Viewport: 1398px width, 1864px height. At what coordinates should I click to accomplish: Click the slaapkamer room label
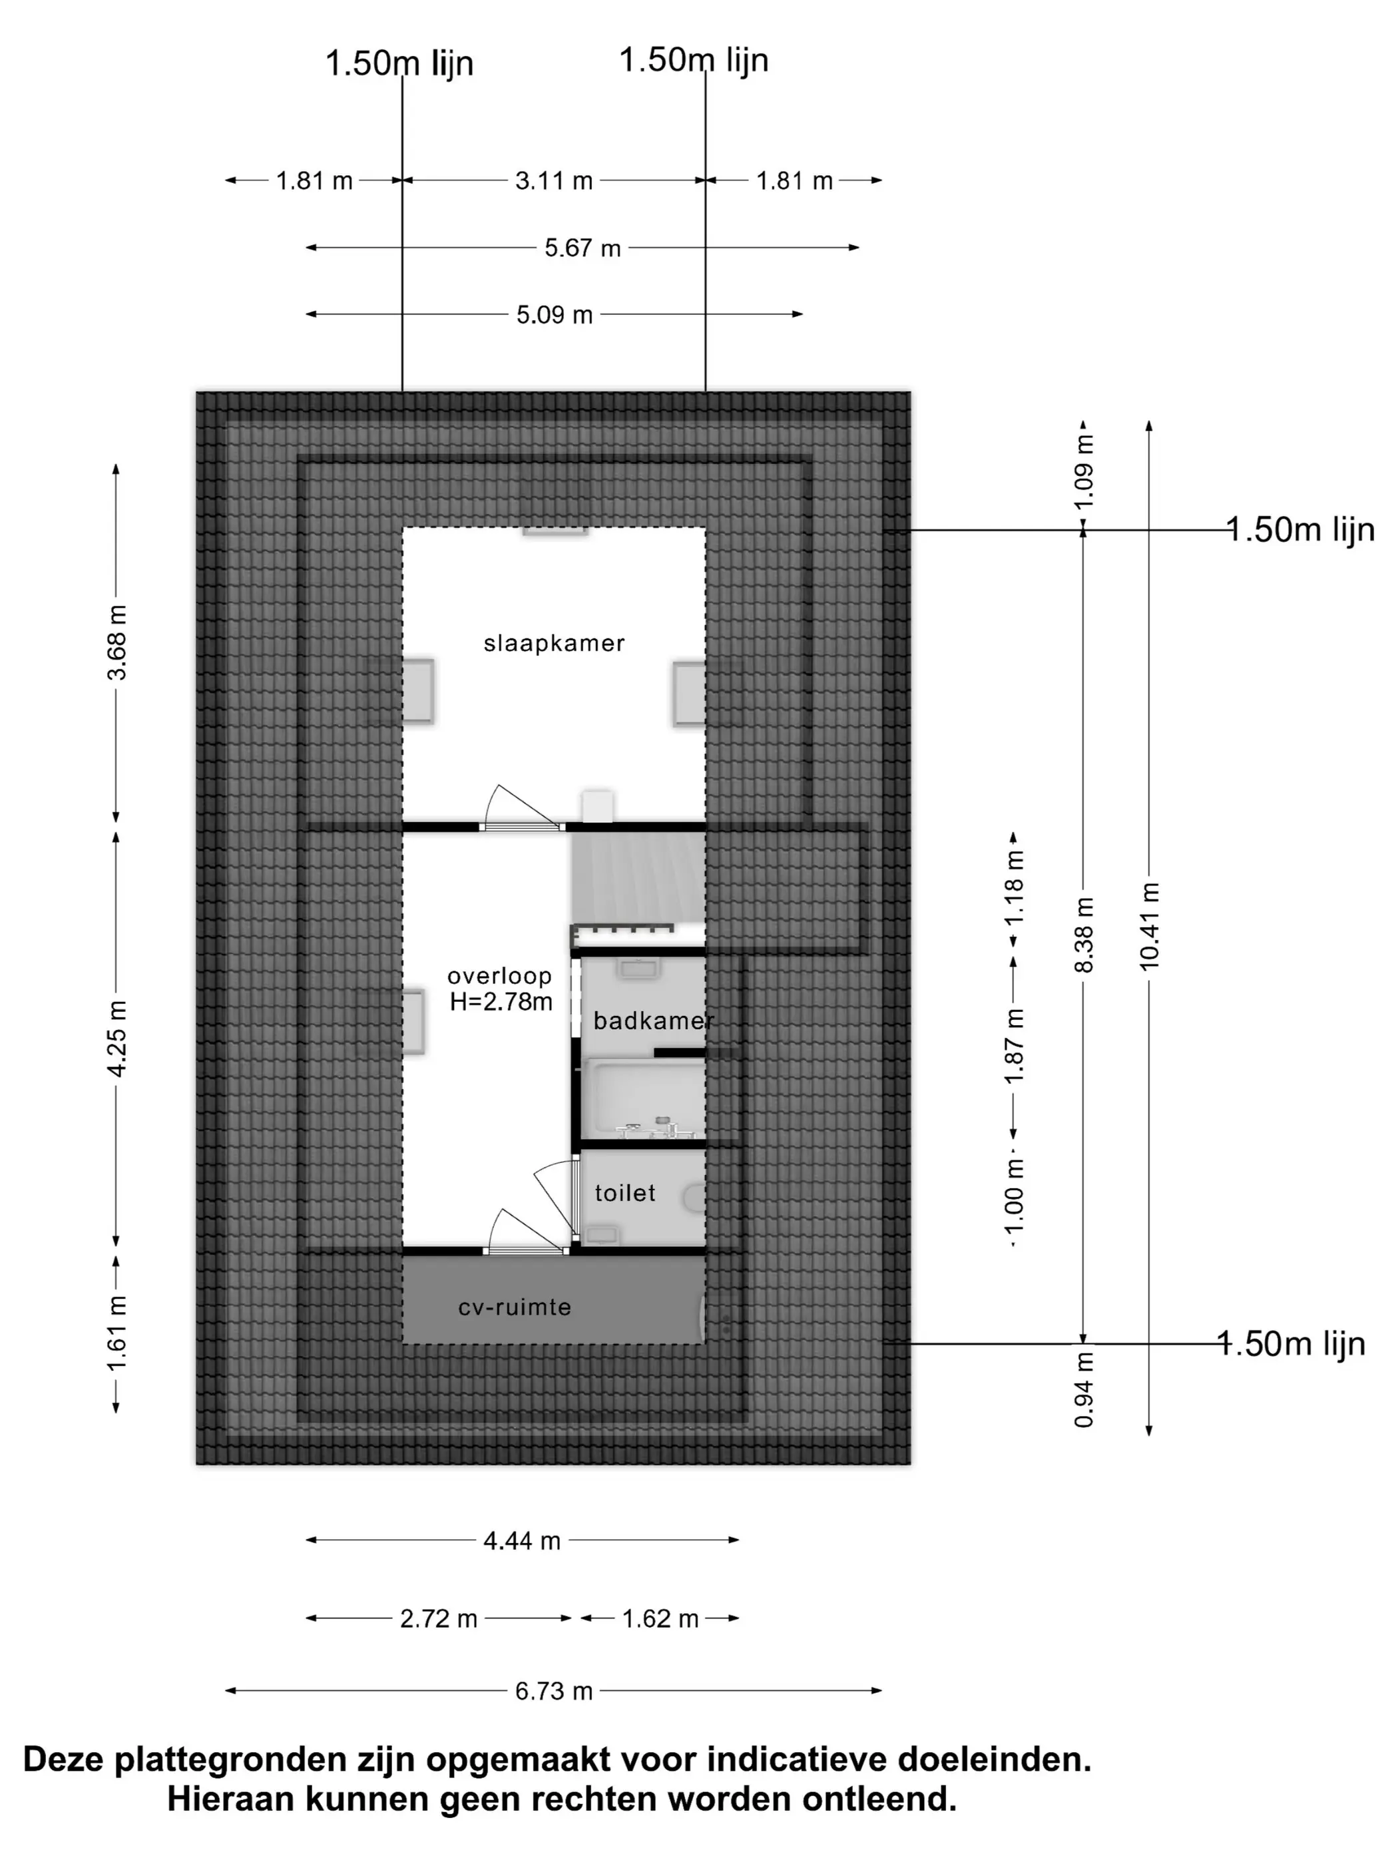coord(554,644)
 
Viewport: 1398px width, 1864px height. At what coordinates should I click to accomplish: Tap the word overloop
coord(499,977)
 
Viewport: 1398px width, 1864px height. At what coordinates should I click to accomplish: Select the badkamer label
coord(653,1021)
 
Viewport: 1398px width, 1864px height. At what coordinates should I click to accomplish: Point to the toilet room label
coord(624,1193)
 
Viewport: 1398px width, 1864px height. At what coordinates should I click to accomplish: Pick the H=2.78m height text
coord(501,1002)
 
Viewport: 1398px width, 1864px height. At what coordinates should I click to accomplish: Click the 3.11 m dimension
coord(554,181)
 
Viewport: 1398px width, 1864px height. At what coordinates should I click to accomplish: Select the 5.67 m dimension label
coord(582,248)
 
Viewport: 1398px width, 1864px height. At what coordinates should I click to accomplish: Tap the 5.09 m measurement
coord(555,315)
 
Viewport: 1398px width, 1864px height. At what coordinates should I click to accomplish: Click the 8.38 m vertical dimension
coord(1084,935)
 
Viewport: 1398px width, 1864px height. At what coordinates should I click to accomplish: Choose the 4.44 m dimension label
coord(522,1541)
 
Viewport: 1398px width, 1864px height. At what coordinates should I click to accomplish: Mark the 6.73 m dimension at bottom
coord(554,1692)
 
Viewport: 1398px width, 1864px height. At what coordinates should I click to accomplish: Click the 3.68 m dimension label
coord(116,643)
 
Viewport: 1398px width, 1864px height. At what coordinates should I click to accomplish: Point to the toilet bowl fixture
coord(694,1198)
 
